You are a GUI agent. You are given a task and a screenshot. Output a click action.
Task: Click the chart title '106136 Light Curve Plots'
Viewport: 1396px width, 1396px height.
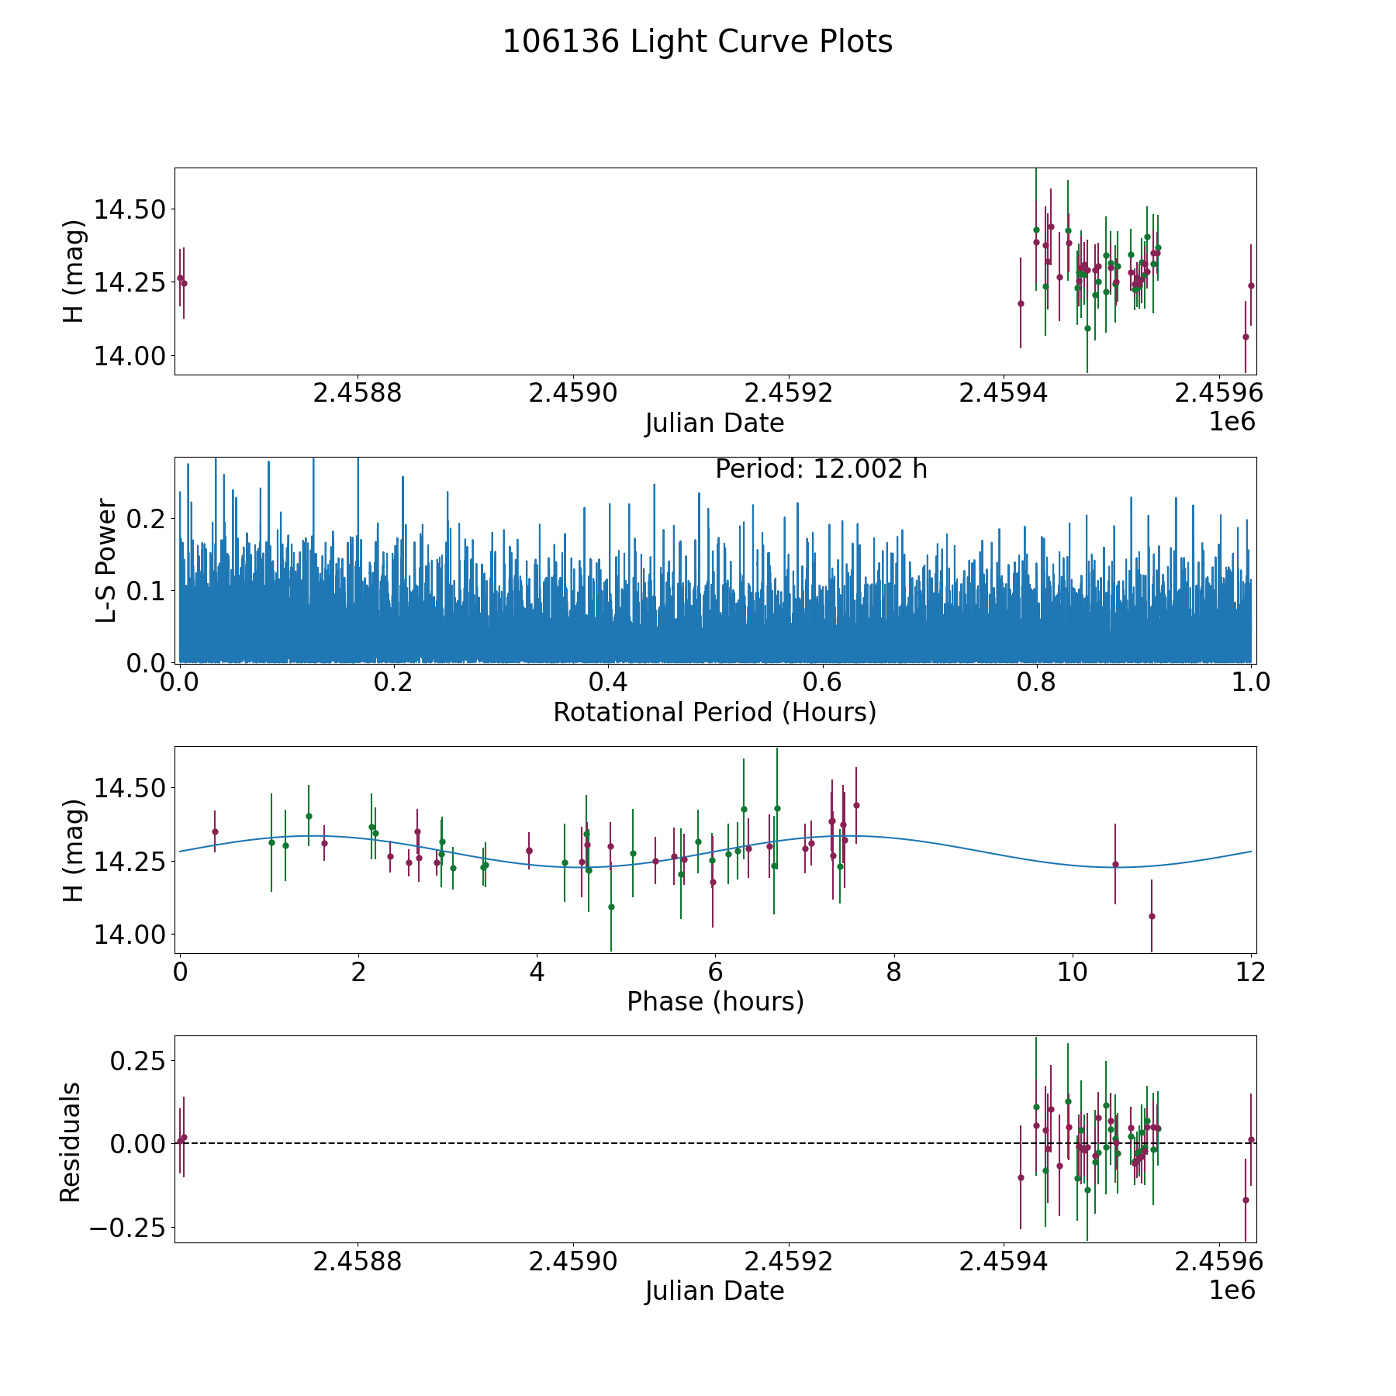click(x=697, y=42)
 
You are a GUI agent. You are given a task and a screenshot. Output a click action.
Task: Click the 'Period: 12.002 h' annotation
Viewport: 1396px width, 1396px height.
click(x=821, y=469)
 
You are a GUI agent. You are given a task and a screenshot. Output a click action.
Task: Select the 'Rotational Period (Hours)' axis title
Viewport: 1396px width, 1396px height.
click(x=714, y=712)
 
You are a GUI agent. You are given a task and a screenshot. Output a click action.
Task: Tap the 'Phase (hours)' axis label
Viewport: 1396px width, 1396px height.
click(x=714, y=1001)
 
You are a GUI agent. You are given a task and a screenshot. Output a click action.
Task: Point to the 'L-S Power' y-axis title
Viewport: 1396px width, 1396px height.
click(x=106, y=560)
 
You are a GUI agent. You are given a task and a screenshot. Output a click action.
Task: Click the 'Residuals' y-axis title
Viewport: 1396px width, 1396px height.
click(x=71, y=1142)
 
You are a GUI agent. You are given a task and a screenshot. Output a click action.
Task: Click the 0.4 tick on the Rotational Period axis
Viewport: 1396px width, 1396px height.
click(x=608, y=682)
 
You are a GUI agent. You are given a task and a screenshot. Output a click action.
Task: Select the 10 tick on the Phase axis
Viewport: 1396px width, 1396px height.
click(x=1073, y=972)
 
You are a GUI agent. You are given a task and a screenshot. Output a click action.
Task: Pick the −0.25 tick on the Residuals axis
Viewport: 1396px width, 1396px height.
click(x=123, y=1228)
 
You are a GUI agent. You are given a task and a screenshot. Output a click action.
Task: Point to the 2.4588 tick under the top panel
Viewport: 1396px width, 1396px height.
click(x=358, y=393)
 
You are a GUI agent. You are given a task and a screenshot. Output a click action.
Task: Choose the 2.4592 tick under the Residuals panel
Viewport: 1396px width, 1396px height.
click(x=789, y=1262)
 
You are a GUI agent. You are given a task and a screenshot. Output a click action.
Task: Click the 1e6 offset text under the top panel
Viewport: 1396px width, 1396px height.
click(x=1232, y=422)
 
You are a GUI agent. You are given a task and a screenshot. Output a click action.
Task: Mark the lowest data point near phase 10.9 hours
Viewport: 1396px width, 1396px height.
click(x=1152, y=916)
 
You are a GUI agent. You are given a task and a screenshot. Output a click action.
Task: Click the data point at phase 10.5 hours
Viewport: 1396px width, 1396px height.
click(x=1115, y=864)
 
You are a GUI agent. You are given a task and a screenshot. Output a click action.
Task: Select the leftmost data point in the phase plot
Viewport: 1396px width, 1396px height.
click(x=215, y=831)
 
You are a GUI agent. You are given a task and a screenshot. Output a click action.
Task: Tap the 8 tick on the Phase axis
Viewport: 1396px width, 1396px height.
click(x=894, y=972)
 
